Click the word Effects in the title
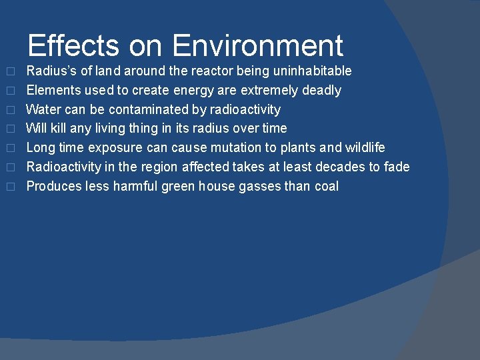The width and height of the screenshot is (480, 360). (x=74, y=45)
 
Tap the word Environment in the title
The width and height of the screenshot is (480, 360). (x=257, y=45)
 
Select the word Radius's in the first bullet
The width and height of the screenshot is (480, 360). (x=51, y=71)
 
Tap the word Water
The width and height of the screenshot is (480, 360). (x=43, y=109)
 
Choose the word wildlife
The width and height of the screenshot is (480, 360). (x=365, y=147)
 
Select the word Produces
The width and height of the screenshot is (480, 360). (x=54, y=186)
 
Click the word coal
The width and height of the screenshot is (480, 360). (x=326, y=186)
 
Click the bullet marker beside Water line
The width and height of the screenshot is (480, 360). (x=11, y=110)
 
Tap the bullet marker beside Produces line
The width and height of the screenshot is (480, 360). (x=11, y=187)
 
